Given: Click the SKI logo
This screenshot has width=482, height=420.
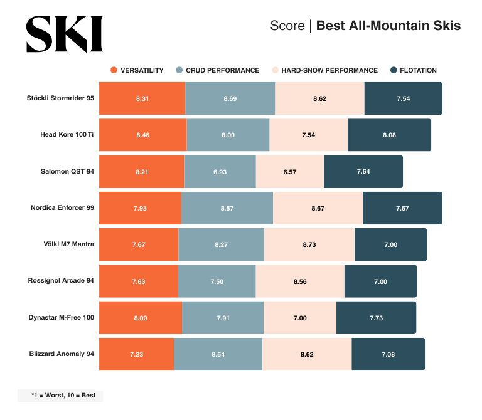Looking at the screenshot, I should tap(64, 34).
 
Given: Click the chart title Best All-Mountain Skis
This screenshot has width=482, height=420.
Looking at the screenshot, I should tap(388, 26).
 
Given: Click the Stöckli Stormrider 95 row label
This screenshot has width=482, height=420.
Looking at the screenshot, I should tap(60, 98).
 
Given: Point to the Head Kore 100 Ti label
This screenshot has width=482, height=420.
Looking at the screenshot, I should tap(67, 135).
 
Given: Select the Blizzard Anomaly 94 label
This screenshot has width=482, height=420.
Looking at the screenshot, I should tap(62, 354).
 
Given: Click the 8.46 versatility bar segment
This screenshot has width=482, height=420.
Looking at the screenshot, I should tap(142, 135).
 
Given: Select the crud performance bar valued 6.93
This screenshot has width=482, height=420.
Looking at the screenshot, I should tap(220, 172).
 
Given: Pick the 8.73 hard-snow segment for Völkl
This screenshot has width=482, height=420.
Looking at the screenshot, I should tap(309, 244).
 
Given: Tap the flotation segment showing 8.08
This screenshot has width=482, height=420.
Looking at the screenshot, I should tap(389, 135).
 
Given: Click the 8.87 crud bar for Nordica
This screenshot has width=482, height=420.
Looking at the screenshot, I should tap(227, 208).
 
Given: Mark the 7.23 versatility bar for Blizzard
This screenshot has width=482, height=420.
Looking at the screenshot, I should tap(137, 354).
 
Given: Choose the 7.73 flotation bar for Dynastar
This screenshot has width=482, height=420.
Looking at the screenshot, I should tap(376, 318).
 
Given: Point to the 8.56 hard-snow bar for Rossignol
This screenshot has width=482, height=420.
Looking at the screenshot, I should tap(300, 281).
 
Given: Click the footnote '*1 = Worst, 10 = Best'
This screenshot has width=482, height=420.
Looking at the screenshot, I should tap(60, 396).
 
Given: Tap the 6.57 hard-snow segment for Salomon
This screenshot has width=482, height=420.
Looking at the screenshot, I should tap(289, 172).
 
